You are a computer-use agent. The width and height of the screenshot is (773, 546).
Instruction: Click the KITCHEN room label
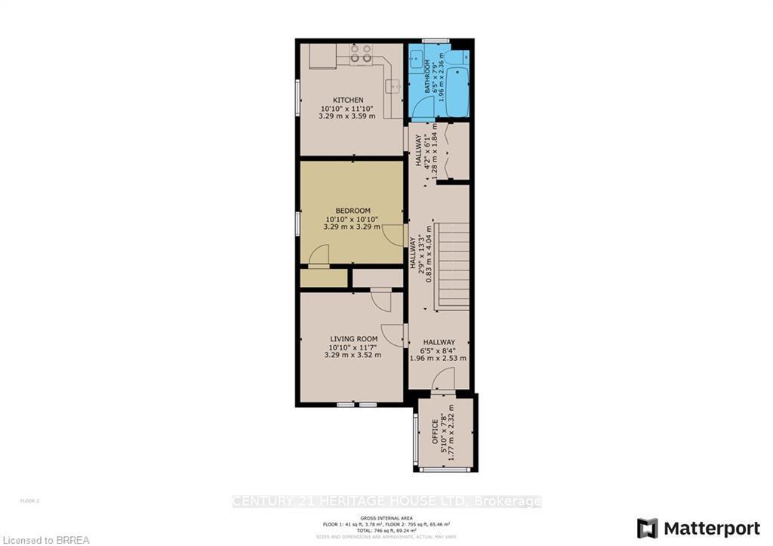tap(348, 100)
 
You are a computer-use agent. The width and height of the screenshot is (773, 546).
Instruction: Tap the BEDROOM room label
tap(353, 210)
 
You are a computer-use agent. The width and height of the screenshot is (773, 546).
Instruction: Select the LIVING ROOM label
tap(353, 339)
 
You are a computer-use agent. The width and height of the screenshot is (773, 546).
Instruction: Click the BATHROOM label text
tap(427, 77)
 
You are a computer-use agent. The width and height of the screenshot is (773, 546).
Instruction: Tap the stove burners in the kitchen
tap(361, 54)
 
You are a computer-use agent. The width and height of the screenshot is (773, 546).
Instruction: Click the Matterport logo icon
tap(647, 527)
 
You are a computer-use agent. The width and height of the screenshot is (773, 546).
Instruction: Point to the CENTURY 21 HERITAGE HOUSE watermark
tap(386, 501)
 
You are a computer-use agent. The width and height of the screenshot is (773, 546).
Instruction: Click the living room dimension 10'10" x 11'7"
tap(353, 347)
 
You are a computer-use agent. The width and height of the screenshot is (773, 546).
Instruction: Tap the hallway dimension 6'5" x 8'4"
tap(439, 350)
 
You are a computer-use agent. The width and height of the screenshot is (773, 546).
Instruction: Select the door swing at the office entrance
tap(442, 384)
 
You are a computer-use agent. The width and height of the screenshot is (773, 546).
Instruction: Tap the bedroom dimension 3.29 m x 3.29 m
tap(353, 226)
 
